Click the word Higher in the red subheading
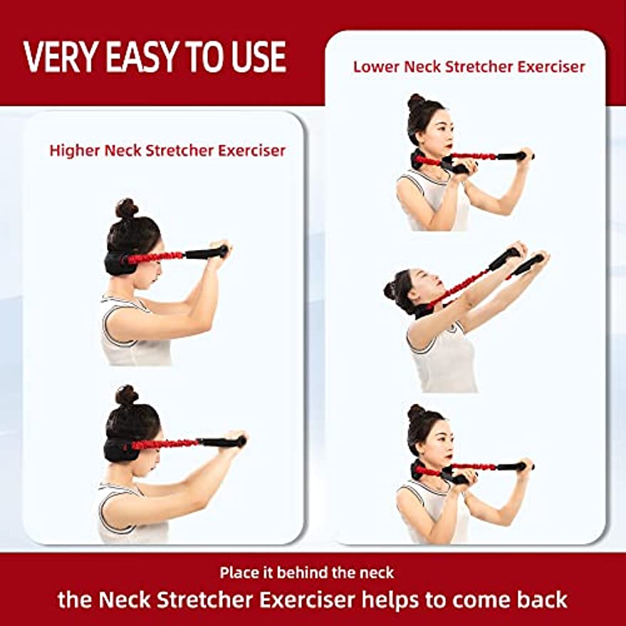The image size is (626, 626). pyautogui.click(x=74, y=151)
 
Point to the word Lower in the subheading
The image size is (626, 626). pyautogui.click(x=376, y=67)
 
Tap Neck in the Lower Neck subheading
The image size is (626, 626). pyautogui.click(x=422, y=67)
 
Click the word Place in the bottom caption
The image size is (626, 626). pyautogui.click(x=239, y=573)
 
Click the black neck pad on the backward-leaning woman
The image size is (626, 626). pyautogui.click(x=424, y=311)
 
